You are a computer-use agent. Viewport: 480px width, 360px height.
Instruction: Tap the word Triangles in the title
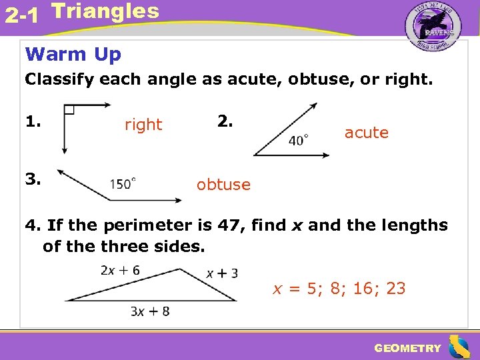105,11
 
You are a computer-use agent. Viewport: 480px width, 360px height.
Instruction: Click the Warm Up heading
73,54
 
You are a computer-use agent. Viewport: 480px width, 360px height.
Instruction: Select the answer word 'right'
143,125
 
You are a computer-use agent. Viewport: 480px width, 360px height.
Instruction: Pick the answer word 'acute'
366,133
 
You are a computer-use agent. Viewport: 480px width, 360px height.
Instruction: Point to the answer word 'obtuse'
223,185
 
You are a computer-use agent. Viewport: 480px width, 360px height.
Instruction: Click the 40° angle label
298,140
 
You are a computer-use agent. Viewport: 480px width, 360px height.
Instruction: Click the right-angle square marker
69,110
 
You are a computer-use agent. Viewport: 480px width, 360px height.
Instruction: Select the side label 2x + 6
120,270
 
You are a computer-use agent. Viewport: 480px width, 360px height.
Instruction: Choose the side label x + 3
222,273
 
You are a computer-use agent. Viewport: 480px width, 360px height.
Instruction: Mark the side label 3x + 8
151,311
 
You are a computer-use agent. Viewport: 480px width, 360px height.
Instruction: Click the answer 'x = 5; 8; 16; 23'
339,289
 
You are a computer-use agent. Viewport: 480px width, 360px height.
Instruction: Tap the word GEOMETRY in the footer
407,348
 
